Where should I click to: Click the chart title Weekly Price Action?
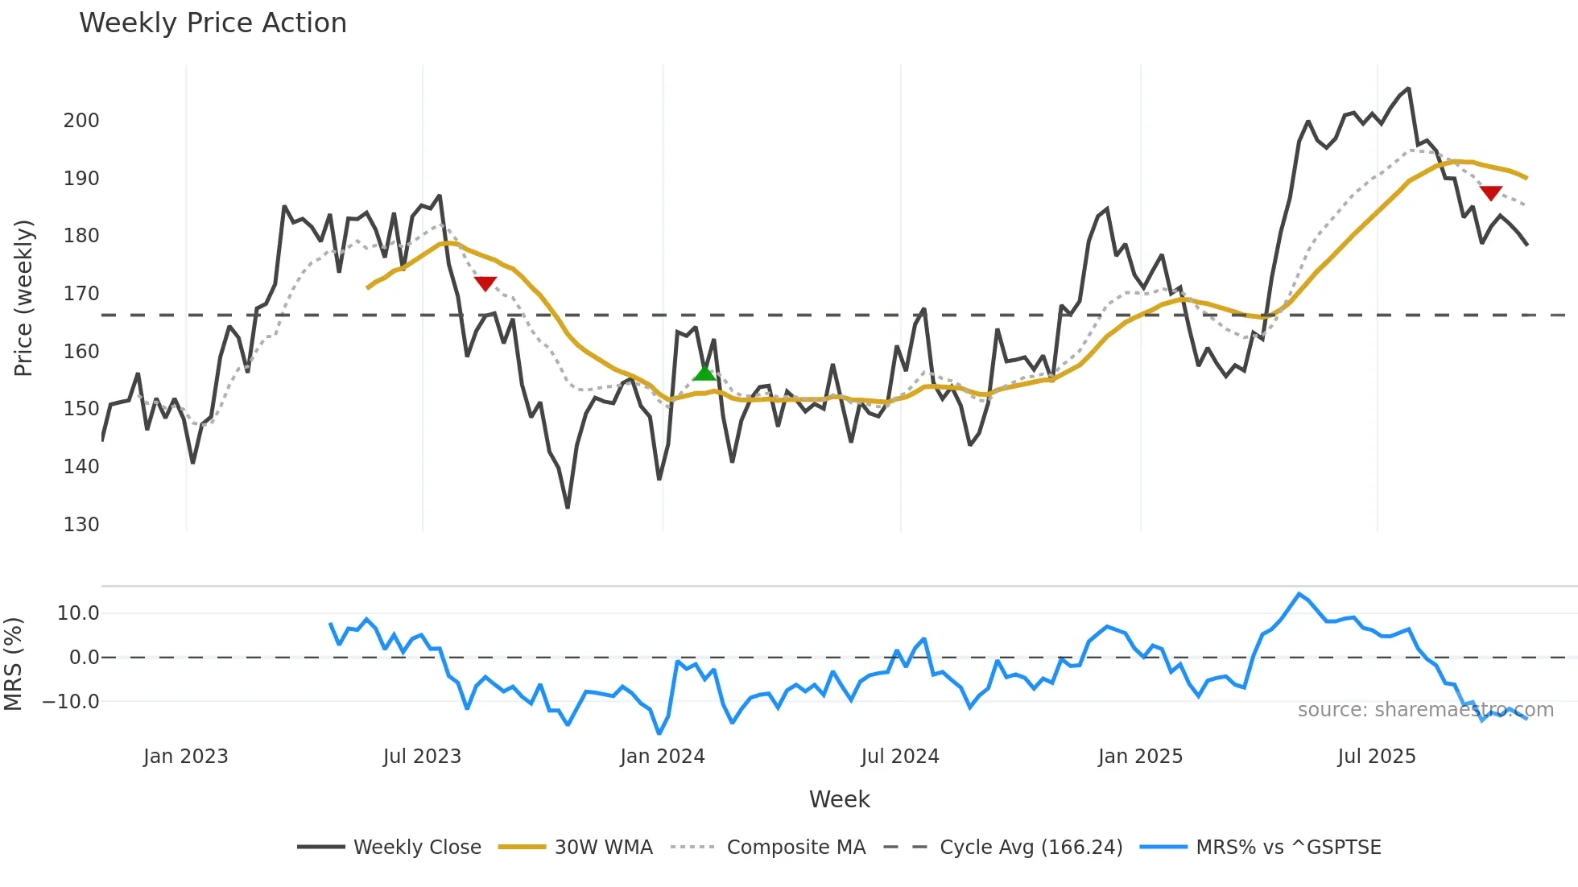click(213, 23)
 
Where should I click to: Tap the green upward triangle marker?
click(704, 373)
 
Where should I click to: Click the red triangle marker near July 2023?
click(485, 283)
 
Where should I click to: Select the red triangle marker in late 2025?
click(1491, 193)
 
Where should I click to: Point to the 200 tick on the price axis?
click(81, 121)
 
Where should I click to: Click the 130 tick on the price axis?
click(81, 525)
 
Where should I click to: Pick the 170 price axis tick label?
click(81, 294)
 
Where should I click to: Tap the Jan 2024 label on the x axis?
click(662, 757)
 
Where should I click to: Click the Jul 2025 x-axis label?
click(1376, 757)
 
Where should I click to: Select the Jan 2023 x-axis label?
click(185, 757)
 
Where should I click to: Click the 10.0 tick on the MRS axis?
click(78, 613)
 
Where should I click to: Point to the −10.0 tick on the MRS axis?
click(71, 702)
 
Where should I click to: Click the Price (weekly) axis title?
click(24, 298)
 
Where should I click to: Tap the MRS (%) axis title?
click(14, 664)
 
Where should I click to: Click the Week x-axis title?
click(839, 799)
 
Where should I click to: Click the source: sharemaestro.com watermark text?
click(1425, 710)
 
